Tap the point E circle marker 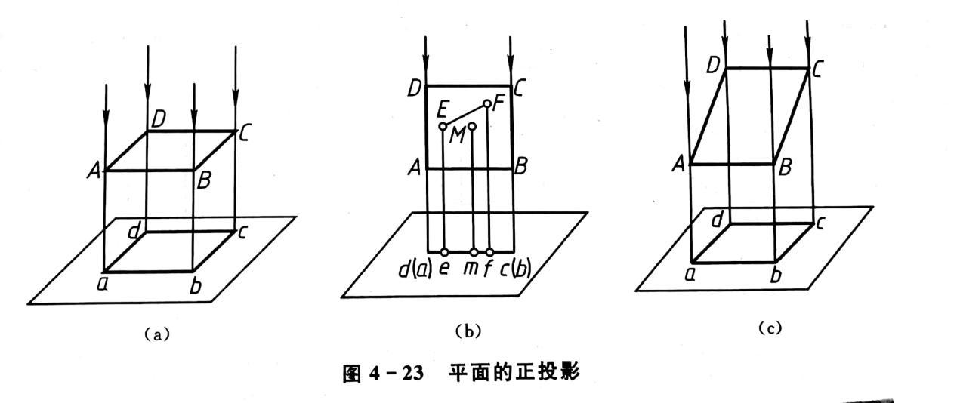pos(443,126)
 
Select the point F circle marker pos(487,103)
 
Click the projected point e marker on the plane pos(443,252)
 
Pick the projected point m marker pos(473,252)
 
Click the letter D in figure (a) pos(158,118)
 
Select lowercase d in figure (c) pos(718,219)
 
